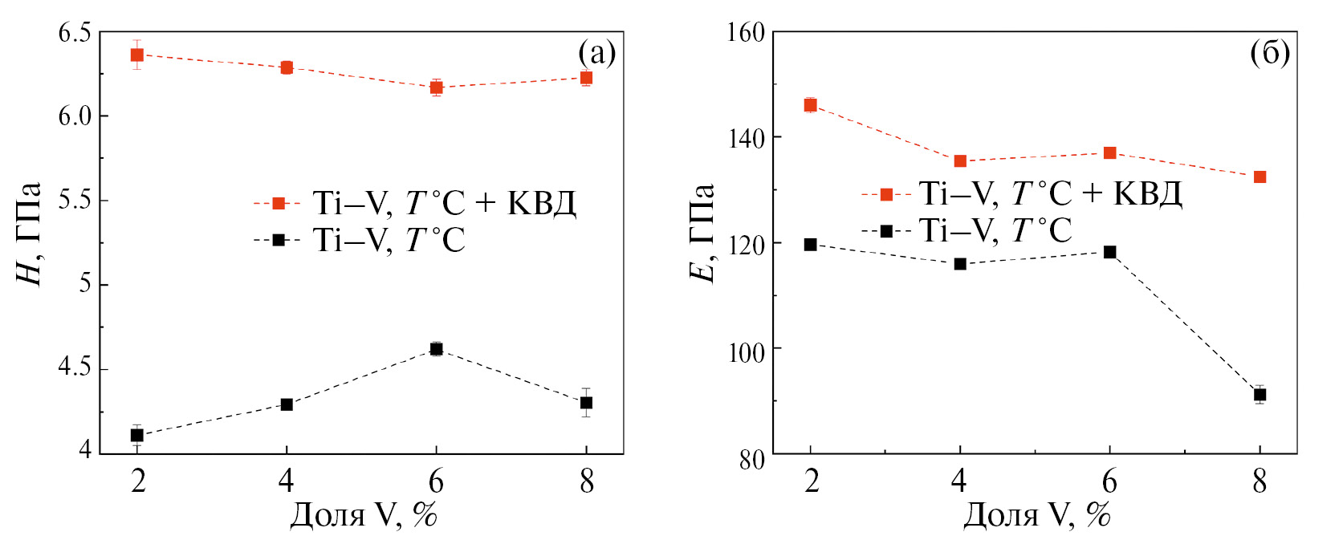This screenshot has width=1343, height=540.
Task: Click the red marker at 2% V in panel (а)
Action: pos(137,55)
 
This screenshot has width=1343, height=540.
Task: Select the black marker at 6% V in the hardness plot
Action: pos(436,348)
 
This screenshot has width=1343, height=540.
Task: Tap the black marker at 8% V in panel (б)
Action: pos(1260,395)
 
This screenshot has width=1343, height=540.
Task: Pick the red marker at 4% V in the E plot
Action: pos(960,161)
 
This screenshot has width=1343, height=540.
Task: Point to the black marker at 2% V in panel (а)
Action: pos(137,435)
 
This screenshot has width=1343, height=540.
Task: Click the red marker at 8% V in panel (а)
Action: pos(586,78)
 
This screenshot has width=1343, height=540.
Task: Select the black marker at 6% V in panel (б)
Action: pos(1109,252)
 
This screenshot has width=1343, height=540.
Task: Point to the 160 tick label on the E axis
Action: pos(746,33)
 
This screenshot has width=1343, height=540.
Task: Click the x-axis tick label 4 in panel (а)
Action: pos(287,481)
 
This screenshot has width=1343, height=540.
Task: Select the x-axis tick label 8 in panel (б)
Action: pos(1260,481)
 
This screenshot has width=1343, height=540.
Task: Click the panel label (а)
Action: pos(596,53)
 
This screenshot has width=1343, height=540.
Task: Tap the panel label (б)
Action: pos(1270,53)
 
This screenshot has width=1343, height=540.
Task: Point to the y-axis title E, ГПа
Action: pos(702,233)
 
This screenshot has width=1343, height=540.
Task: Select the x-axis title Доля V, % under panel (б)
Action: pos(1036,515)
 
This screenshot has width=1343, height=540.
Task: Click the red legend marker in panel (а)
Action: pos(279,203)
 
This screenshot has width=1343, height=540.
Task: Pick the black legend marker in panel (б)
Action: pos(886,231)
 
